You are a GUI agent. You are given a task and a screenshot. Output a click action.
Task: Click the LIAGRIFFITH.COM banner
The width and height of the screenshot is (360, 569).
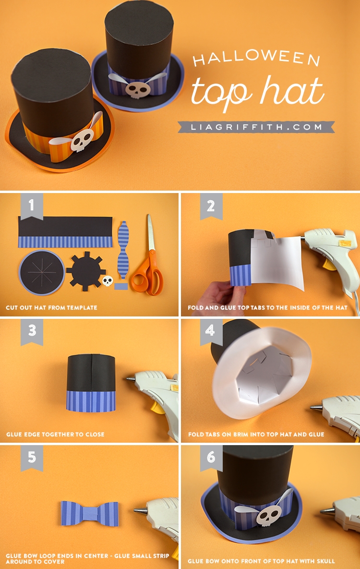[x=256, y=127]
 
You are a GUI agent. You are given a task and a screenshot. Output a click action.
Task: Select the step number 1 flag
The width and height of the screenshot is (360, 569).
[x=32, y=206]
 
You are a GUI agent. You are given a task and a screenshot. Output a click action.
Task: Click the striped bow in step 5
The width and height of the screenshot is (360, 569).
[x=90, y=513]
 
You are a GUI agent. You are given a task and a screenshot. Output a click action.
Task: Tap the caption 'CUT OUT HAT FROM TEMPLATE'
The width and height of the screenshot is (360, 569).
[x=51, y=307]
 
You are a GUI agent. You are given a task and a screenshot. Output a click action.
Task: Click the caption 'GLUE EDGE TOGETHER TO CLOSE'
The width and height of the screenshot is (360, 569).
[x=55, y=434]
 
